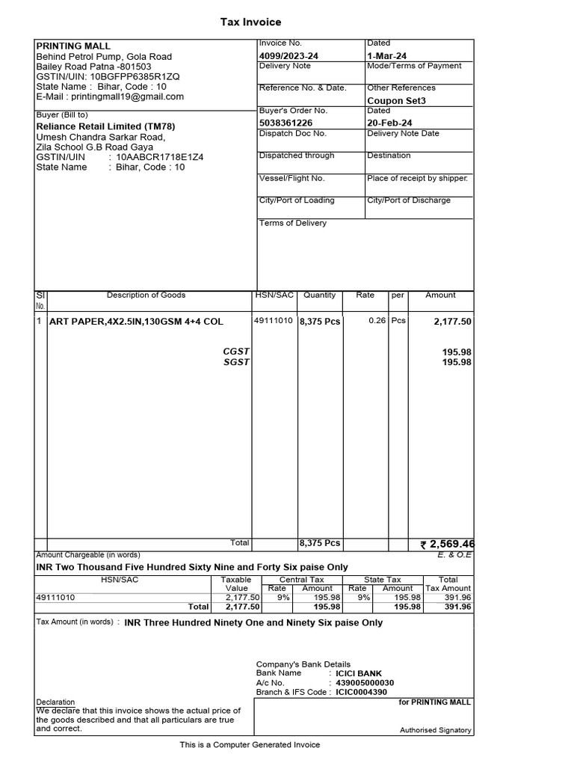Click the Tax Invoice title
(x=250, y=22)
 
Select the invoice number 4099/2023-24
(x=288, y=56)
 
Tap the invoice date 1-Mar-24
(x=387, y=56)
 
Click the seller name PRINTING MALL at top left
(x=73, y=46)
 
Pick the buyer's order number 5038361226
(x=287, y=123)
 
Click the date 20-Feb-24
(x=389, y=123)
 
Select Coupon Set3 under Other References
(x=396, y=100)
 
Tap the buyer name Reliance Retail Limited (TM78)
(x=105, y=126)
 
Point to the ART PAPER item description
(x=136, y=322)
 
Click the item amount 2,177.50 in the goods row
(x=452, y=322)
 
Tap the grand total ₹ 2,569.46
(x=448, y=544)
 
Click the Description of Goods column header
(x=146, y=295)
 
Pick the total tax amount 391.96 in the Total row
(x=457, y=607)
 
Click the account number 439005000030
(x=365, y=682)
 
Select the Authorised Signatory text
(x=435, y=730)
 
